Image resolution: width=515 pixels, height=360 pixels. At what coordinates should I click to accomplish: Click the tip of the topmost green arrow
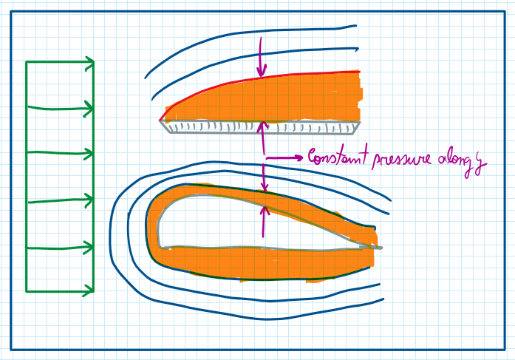pos(94,61)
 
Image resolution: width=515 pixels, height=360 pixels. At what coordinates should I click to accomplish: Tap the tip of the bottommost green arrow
pos(94,291)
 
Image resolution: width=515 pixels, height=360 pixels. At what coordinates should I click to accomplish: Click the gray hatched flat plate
pos(260,127)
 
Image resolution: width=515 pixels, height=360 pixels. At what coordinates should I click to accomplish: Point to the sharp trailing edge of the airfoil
pos(381,248)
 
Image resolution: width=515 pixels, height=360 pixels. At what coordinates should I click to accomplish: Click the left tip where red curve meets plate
pos(160,120)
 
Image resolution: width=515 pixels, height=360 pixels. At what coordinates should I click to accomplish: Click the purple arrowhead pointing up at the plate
pos(262,127)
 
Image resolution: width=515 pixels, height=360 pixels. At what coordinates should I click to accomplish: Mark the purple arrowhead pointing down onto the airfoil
pos(265,186)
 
